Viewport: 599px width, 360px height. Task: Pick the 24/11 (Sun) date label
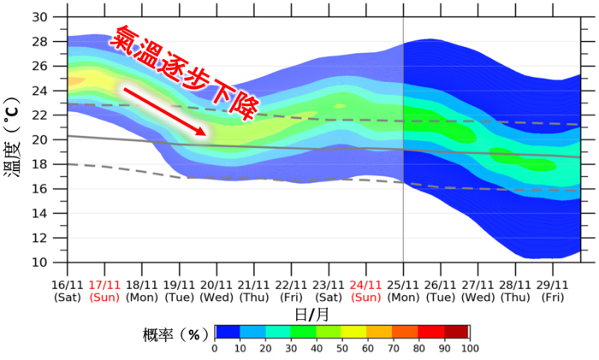tap(365, 291)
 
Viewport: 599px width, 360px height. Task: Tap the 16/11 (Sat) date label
tap(68, 291)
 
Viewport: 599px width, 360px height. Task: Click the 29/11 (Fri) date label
tap(552, 291)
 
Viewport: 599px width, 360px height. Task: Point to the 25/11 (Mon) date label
tap(403, 291)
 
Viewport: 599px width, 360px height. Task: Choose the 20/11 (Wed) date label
tap(216, 291)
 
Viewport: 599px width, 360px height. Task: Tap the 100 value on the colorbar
tap(469, 348)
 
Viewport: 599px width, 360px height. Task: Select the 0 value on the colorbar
tap(215, 348)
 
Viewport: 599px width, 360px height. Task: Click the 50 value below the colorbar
tap(341, 348)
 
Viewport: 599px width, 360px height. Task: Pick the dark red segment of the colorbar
tap(456, 333)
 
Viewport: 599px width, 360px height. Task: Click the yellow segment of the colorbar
tap(354, 333)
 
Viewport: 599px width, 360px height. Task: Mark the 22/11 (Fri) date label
tap(291, 291)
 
